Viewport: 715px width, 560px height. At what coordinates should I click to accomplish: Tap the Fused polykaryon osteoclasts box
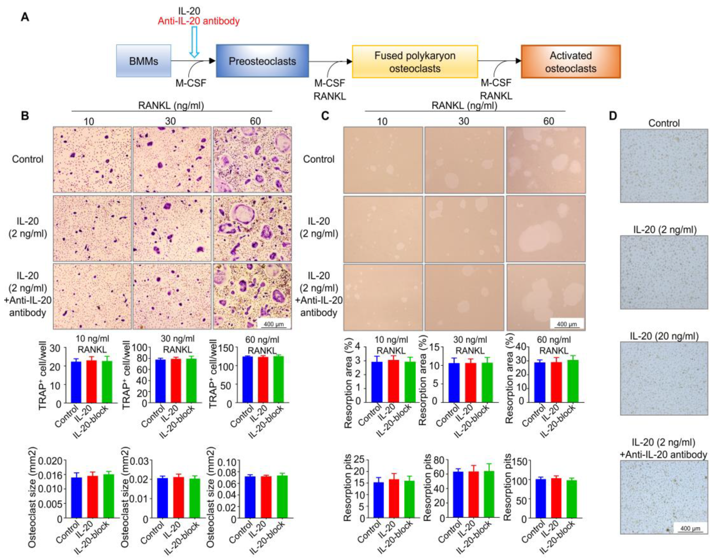(x=414, y=62)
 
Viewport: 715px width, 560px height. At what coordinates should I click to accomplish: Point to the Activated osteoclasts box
(x=570, y=62)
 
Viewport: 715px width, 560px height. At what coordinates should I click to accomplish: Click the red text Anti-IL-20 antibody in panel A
(x=199, y=21)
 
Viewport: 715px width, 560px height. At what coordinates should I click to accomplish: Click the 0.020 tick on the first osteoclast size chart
(x=50, y=461)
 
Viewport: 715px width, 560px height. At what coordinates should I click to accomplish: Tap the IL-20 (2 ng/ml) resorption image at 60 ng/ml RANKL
(x=545, y=228)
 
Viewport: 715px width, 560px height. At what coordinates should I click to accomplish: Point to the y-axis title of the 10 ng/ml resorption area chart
(x=348, y=382)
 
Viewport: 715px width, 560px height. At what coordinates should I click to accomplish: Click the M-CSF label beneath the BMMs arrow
(x=191, y=83)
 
